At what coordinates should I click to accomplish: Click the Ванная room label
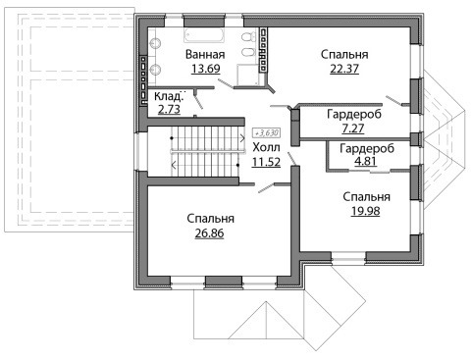coord(205,54)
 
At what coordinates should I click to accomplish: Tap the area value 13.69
coord(206,69)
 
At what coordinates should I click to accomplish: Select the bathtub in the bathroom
coord(204,35)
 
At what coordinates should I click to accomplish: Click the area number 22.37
coord(344,69)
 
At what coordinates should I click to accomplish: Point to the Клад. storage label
coord(168,96)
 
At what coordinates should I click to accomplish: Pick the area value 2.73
coord(169,109)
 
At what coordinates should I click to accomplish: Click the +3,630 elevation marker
coord(267,133)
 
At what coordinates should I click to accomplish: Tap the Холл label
coord(267,147)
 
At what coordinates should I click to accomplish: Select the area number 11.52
coord(266,162)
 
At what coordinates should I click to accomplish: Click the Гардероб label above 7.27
coord(354,114)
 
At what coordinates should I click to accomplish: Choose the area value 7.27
coord(353,129)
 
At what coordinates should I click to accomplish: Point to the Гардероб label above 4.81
coord(367,148)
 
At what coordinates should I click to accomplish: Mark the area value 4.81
coord(366,161)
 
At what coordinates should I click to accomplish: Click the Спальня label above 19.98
coord(367,197)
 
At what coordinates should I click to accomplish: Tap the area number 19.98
coord(366,211)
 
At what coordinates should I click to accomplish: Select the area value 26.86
coord(209,233)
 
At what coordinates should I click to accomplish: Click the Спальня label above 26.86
coord(211,219)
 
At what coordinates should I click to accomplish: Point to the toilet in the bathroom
coord(248,36)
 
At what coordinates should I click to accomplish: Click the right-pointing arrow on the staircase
coord(242,138)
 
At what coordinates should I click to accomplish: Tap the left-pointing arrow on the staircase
coord(174,165)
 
